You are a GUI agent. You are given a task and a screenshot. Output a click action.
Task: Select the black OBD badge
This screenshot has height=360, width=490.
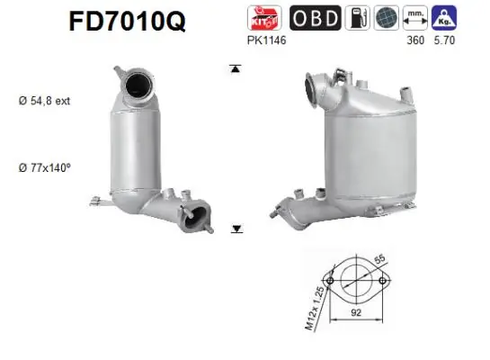314,17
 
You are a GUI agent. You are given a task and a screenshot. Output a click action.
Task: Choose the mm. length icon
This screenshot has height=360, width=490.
415,17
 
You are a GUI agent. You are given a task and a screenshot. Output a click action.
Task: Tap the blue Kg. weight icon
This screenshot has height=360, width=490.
444,17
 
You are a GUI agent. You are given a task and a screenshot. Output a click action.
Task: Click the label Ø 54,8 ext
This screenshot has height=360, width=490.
43,101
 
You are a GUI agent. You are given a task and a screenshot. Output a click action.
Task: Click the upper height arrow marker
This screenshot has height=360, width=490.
236,67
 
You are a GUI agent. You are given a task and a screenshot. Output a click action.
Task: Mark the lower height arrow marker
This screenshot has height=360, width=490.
236,229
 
